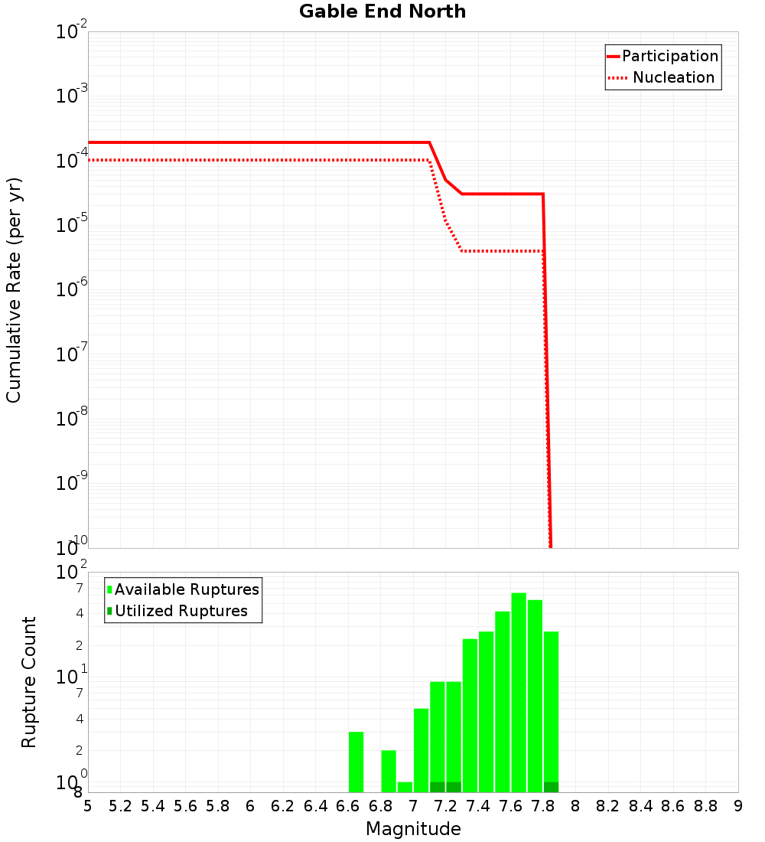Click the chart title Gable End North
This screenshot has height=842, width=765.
tap(382, 11)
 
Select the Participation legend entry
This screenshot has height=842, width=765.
tap(669, 56)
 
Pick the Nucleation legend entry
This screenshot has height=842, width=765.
tap(672, 77)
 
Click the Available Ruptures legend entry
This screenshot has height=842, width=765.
tap(187, 589)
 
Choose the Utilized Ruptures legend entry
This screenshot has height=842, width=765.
tap(181, 611)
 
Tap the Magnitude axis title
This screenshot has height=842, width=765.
tap(413, 829)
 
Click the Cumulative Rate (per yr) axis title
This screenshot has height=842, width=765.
tap(14, 289)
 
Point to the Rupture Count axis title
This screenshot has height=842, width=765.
tap(29, 681)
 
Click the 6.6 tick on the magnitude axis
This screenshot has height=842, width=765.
tap(348, 806)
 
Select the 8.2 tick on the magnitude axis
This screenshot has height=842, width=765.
tap(608, 806)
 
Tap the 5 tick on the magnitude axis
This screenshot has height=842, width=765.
tap(88, 806)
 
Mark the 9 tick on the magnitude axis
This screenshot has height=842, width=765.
tap(738, 806)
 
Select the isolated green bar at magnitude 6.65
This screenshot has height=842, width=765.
tap(356, 762)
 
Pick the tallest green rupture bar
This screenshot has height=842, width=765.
tap(519, 693)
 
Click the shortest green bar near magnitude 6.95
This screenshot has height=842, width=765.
tap(405, 787)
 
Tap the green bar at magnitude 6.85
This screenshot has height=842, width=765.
tap(389, 771)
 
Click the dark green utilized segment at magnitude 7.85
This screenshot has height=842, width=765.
tap(551, 787)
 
